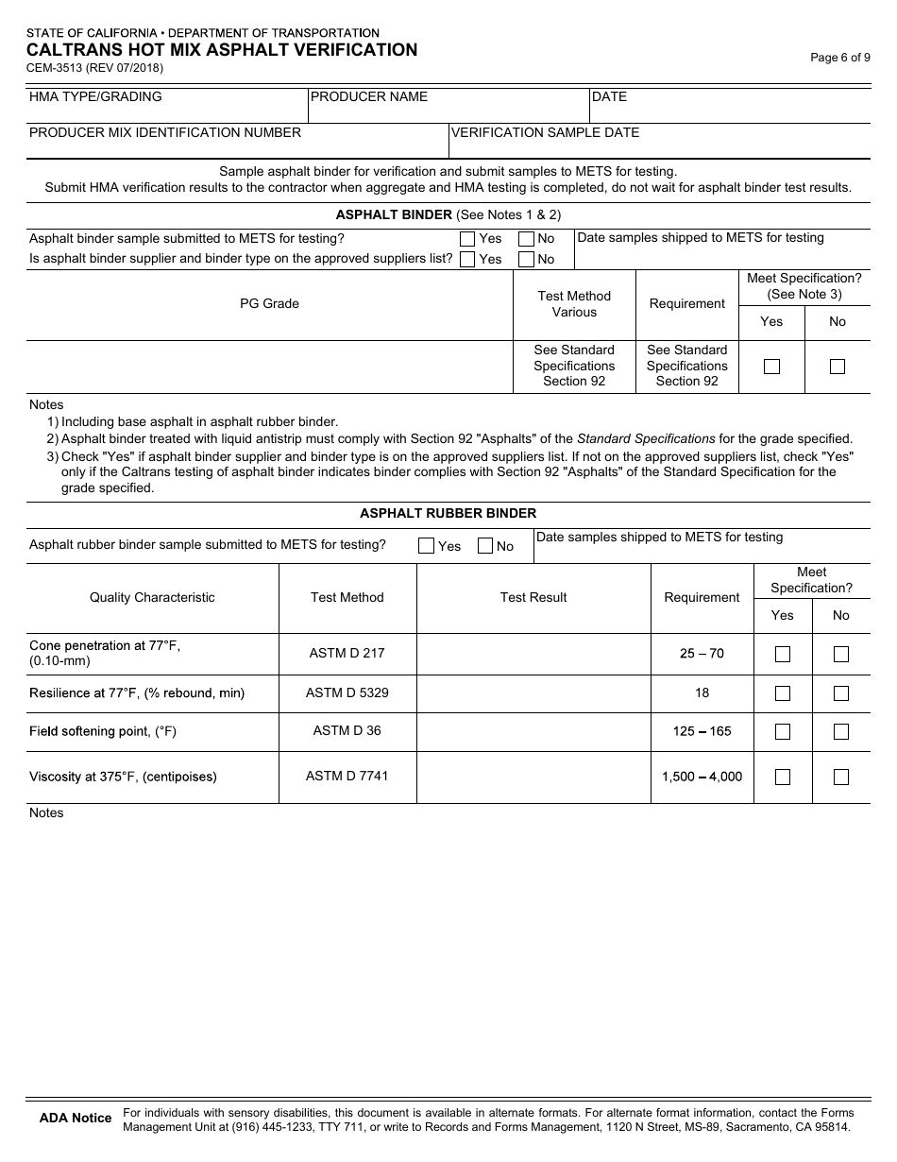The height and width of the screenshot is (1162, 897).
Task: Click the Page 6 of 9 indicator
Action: pyautogui.click(x=840, y=57)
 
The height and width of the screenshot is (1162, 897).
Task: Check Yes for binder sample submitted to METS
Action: pyautogui.click(x=467, y=239)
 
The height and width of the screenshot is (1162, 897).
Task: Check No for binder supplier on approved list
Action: pyautogui.click(x=527, y=259)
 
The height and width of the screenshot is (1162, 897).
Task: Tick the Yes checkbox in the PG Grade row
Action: pyautogui.click(x=771, y=367)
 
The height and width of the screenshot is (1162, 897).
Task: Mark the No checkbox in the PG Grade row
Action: pyautogui.click(x=837, y=367)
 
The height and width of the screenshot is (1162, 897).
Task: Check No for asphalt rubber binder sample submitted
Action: pyautogui.click(x=485, y=545)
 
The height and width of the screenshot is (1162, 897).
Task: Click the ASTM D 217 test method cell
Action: pyautogui.click(x=347, y=653)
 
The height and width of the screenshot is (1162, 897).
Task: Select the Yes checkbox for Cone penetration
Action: pyautogui.click(x=783, y=654)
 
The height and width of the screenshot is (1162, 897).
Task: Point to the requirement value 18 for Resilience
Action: pyautogui.click(x=702, y=692)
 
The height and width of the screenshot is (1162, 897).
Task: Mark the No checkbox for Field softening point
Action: pyautogui.click(x=841, y=731)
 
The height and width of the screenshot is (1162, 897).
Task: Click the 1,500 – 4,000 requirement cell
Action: pyautogui.click(x=702, y=777)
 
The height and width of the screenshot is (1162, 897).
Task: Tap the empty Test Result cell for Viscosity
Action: pyautogui.click(x=533, y=777)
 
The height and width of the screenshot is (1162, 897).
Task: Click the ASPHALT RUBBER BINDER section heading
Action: pyautogui.click(x=448, y=513)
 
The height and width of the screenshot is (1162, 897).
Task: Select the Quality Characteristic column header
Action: pyautogui.click(x=152, y=597)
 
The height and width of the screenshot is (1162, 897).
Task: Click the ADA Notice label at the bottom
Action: pyautogui.click(x=76, y=1118)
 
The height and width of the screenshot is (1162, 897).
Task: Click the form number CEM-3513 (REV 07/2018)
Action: pyautogui.click(x=94, y=68)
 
